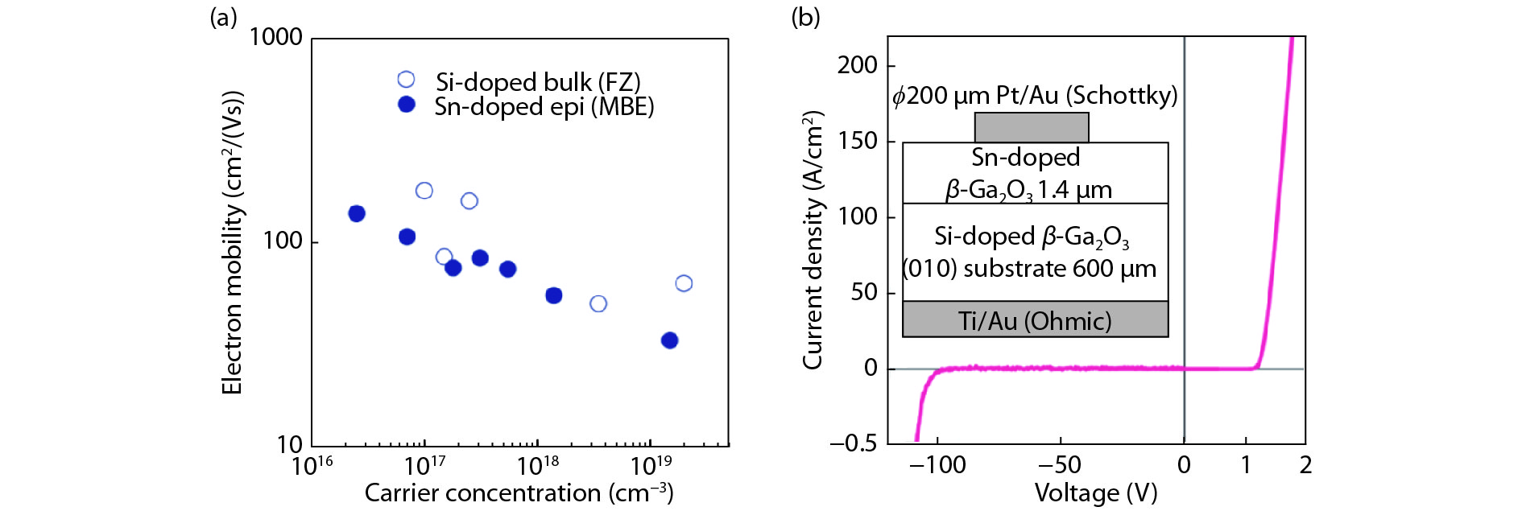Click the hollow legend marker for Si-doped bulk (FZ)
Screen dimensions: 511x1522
pyautogui.click(x=406, y=80)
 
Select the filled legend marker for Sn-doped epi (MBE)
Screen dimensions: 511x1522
pyautogui.click(x=406, y=105)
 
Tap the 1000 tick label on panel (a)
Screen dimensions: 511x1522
pyautogui.click(x=275, y=37)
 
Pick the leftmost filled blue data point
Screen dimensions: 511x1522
pyautogui.click(x=357, y=213)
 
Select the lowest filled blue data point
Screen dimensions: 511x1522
pyautogui.click(x=669, y=340)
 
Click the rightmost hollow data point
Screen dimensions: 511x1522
pyautogui.click(x=684, y=283)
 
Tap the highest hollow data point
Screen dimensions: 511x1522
pyautogui.click(x=424, y=191)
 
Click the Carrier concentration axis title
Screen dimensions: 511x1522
pyautogui.click(x=519, y=492)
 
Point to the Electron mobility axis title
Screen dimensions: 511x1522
pyautogui.click(x=232, y=242)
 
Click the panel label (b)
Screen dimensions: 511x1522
pyautogui.click(x=805, y=17)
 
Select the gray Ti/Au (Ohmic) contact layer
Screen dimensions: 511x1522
pyautogui.click(x=1035, y=319)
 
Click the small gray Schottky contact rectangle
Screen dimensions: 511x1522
pyautogui.click(x=1032, y=127)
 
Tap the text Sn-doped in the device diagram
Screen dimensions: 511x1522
pyautogui.click(x=1025, y=158)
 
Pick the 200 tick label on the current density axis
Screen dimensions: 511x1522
pyautogui.click(x=857, y=65)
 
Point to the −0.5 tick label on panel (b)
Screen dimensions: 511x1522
pyautogui.click(x=853, y=443)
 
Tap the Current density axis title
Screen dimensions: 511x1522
pyautogui.click(x=813, y=240)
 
